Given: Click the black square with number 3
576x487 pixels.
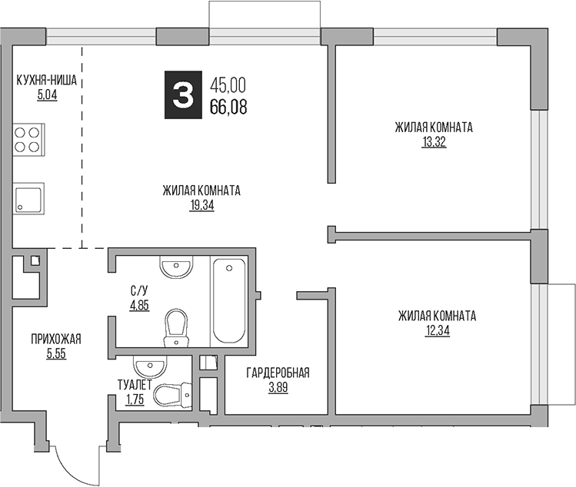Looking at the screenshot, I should point(181,96).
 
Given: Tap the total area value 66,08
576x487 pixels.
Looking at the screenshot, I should point(228,108).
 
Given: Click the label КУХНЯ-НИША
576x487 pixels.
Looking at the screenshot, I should point(48,79).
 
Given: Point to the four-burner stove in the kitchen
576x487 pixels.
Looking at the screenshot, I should point(27,141).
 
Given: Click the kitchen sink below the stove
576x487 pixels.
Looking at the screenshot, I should point(28,198).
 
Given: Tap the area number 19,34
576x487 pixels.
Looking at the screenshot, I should point(201,206).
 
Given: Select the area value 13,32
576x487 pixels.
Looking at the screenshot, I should point(434,141).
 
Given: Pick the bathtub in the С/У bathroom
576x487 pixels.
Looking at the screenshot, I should point(229,301).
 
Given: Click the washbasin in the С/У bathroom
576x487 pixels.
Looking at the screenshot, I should point(175,267).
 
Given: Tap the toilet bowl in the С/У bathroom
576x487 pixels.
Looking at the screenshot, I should point(178,326).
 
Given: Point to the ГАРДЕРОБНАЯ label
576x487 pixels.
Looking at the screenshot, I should point(278,373).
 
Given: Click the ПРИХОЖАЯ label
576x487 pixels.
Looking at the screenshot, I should point(56,340).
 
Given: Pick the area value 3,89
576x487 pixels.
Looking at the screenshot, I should point(278,389).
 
